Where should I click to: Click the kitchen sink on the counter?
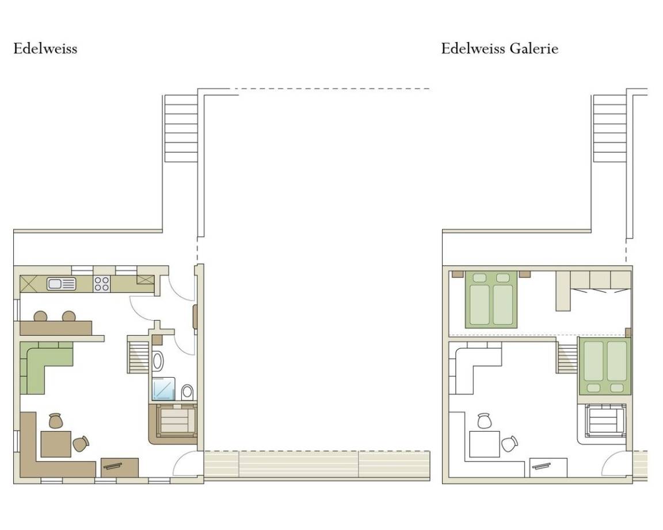click(62, 284)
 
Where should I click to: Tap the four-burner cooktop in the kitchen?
click(101, 284)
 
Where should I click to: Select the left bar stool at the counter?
click(41, 316)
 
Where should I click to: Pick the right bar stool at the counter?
click(69, 316)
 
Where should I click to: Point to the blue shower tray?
click(163, 389)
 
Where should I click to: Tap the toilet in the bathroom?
click(187, 393)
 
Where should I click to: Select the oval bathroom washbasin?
click(158, 362)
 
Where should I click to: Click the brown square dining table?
click(56, 444)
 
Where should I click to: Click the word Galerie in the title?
click(534, 48)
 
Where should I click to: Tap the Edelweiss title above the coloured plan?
click(45, 48)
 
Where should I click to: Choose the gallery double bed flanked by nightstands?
click(491, 299)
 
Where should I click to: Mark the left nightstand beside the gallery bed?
click(458, 274)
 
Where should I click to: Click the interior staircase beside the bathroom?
click(138, 354)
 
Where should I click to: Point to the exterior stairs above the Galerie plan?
click(609, 128)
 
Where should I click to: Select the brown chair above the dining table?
click(55, 421)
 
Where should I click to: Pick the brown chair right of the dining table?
click(81, 444)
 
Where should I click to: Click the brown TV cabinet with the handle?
click(120, 467)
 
